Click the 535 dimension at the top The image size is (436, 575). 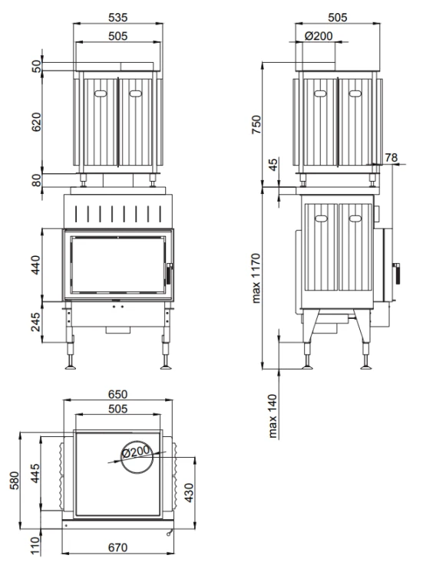pyautogui.click(x=118, y=17)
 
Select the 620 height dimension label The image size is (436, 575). pyautogui.click(x=36, y=122)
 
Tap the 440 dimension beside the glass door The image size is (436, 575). pyautogui.click(x=35, y=265)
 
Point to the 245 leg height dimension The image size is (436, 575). pyautogui.click(x=35, y=321)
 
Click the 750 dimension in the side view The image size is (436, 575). pyautogui.click(x=256, y=125)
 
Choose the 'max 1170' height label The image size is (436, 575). pyautogui.click(x=256, y=278)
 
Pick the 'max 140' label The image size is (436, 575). pyautogui.click(x=272, y=416)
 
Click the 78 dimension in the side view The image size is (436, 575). pyautogui.click(x=391, y=157)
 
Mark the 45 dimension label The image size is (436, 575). pyautogui.click(x=273, y=165)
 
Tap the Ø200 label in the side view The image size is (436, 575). pyautogui.click(x=319, y=36)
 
